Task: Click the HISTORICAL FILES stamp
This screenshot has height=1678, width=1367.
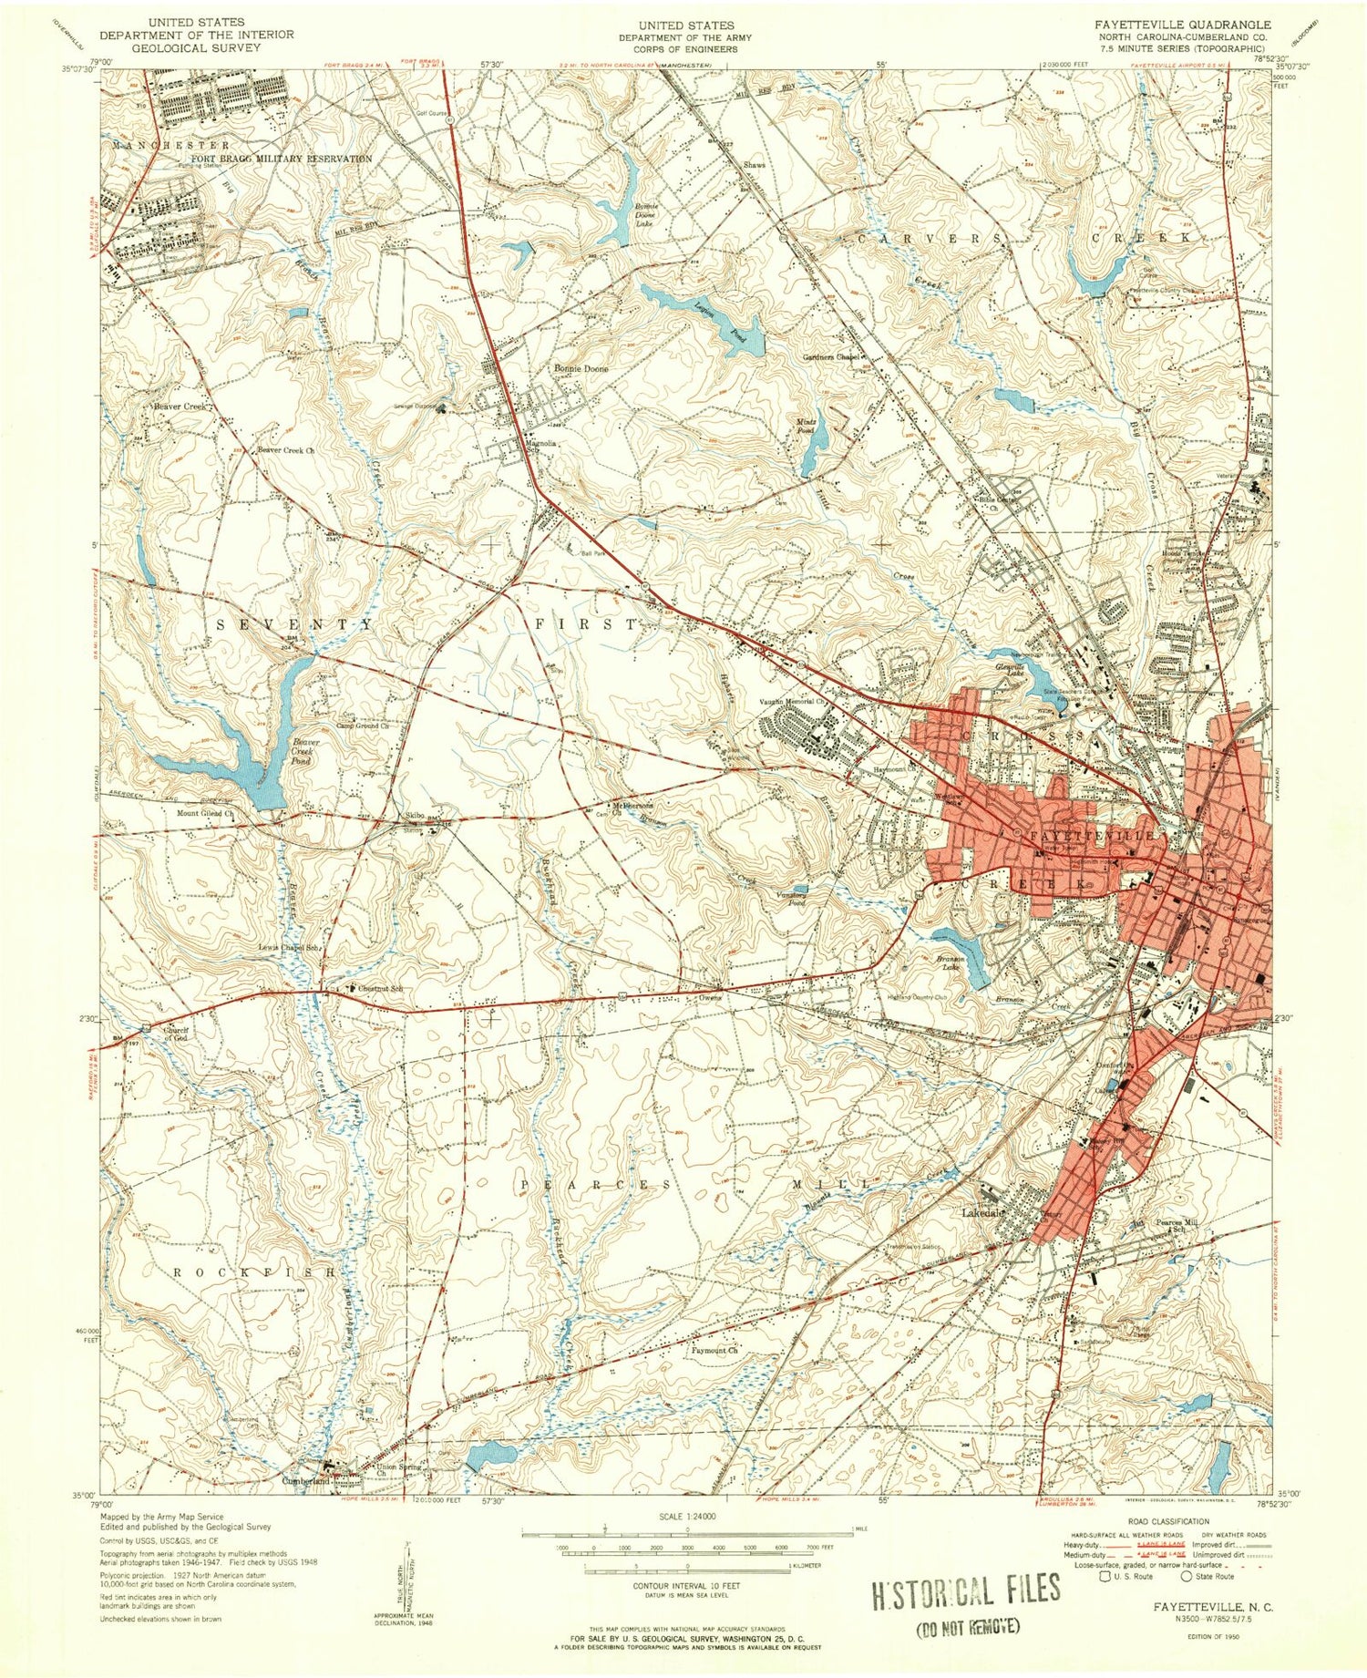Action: click(x=966, y=1589)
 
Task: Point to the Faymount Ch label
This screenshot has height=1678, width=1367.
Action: click(x=714, y=1351)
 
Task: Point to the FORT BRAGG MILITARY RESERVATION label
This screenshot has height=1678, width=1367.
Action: click(x=282, y=159)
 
